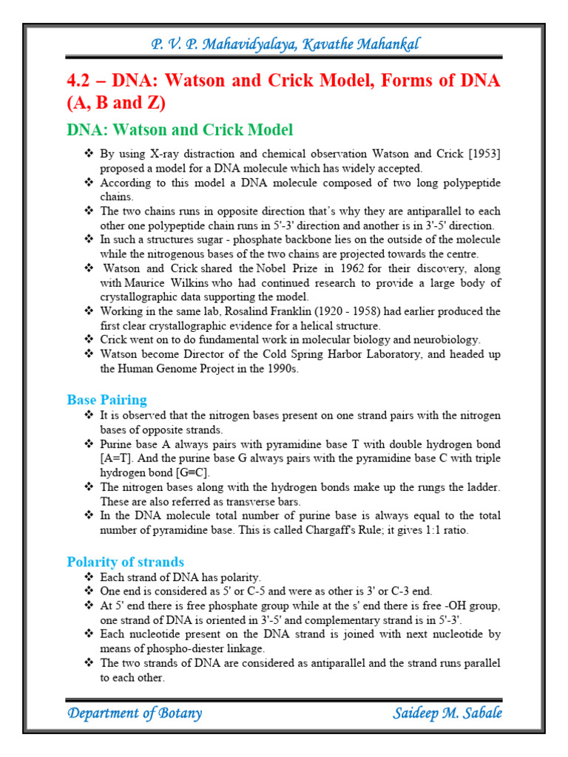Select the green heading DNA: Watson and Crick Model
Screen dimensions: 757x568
[180, 130]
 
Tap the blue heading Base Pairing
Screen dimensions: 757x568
[106, 400]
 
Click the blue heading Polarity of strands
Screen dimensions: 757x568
[125, 562]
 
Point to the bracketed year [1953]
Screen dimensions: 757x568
[480, 154]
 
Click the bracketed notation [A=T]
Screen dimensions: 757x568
[117, 458]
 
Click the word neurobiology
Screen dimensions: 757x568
[442, 340]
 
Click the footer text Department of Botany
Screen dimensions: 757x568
[134, 713]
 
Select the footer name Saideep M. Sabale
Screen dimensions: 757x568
[447, 713]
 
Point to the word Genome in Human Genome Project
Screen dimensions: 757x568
[166, 368]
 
